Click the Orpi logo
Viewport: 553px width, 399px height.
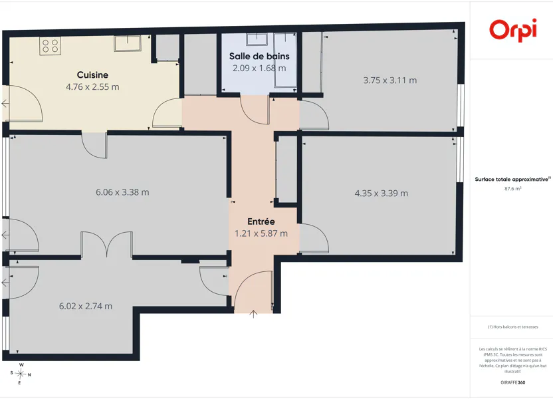513,30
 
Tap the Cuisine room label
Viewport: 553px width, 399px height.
92,74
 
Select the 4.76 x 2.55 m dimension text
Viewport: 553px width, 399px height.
92,87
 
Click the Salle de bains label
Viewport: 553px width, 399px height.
259,56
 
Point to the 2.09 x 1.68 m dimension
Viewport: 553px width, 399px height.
259,68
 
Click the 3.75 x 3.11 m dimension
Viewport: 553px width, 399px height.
390,80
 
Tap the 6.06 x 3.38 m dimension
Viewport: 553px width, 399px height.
122,192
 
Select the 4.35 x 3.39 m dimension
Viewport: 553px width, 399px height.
382,194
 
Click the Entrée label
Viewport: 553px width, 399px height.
261,221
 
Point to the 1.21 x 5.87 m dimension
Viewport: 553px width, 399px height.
261,233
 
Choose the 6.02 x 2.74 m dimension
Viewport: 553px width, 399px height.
86,306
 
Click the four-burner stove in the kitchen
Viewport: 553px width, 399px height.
50,46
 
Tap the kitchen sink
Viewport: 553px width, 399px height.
128,43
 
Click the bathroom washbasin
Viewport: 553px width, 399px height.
257,39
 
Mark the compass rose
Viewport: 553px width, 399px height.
21,374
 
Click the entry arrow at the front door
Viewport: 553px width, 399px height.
253,314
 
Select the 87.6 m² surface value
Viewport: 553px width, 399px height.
513,189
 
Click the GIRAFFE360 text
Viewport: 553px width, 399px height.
513,382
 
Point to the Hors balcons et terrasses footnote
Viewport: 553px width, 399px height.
513,327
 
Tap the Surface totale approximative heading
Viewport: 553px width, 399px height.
512,179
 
